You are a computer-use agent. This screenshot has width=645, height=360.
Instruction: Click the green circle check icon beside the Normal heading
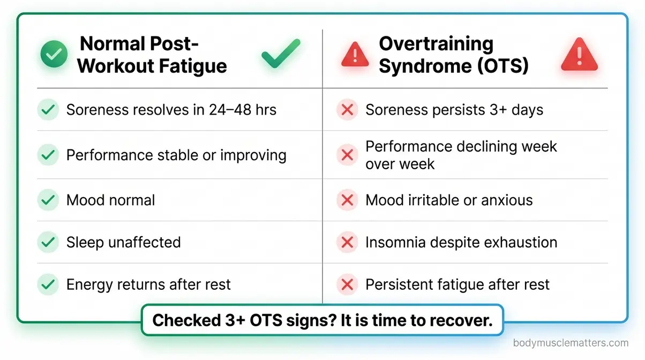[55, 54]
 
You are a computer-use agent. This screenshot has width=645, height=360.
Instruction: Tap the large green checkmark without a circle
[281, 54]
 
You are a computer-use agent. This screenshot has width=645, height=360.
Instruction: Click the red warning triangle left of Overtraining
[355, 54]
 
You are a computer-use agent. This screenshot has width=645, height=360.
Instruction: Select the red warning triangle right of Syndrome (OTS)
[579, 55]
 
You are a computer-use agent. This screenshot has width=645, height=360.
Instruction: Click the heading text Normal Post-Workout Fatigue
[152, 55]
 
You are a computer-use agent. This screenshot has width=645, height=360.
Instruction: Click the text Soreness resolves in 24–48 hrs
[171, 110]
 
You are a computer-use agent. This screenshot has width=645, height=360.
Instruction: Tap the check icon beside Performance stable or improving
[48, 155]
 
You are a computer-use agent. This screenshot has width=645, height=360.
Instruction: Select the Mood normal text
[110, 200]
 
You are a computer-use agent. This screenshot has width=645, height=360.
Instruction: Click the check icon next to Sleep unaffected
[48, 242]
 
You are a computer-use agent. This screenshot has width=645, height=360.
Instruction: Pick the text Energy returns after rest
[148, 284]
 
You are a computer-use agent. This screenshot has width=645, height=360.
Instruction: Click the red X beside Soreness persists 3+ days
[347, 110]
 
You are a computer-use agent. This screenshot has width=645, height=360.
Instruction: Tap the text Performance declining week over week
[461, 155]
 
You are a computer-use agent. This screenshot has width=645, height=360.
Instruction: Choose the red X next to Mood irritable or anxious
[347, 200]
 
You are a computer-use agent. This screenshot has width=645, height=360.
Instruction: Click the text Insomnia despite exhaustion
[461, 242]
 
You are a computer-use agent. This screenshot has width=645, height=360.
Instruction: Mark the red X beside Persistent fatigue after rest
[347, 284]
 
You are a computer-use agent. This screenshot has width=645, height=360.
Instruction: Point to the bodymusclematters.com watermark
[571, 343]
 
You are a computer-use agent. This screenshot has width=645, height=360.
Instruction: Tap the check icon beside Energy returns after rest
[48, 284]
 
